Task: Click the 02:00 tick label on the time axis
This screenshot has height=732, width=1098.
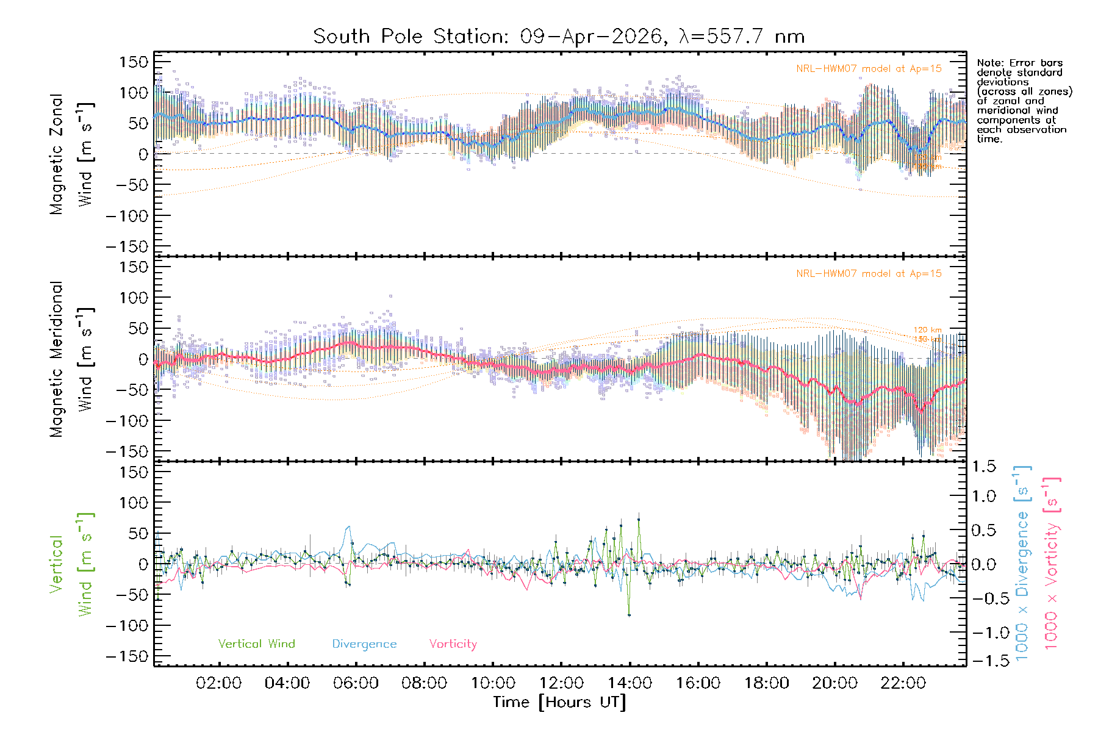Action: [x=218, y=683]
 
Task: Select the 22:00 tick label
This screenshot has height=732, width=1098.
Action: [x=903, y=683]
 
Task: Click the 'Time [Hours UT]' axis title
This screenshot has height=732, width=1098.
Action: [x=559, y=702]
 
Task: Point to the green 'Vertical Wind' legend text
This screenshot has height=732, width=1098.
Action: [x=256, y=644]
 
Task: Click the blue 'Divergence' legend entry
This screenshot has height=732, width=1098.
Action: [x=364, y=644]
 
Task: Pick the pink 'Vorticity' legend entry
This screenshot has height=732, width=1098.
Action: [x=453, y=644]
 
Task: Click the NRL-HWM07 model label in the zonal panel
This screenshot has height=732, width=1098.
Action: [x=869, y=69]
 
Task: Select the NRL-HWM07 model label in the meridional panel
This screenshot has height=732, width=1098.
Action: [x=869, y=274]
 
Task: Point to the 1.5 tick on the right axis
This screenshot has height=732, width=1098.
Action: [x=984, y=467]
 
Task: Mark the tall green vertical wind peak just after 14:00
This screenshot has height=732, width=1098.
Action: [x=639, y=520]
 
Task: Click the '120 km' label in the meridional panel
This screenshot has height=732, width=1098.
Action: [x=927, y=330]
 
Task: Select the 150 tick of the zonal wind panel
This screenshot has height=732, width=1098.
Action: [x=134, y=62]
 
